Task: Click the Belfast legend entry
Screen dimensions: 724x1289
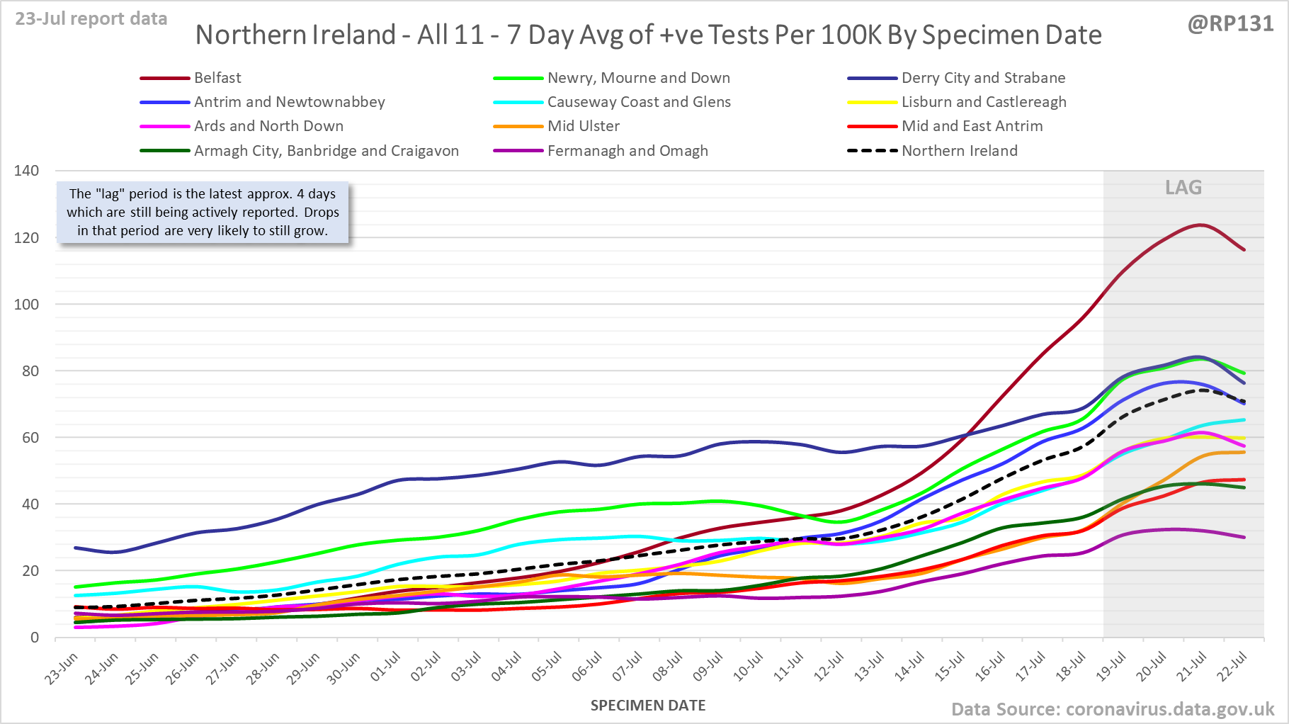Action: pyautogui.click(x=217, y=78)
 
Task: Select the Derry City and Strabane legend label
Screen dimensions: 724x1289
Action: pyautogui.click(x=983, y=78)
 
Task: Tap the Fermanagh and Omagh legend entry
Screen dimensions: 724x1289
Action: pyautogui.click(x=628, y=151)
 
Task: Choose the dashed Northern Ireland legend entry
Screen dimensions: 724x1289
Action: pyautogui.click(x=959, y=151)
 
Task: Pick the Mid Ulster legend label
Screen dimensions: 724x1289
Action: pyautogui.click(x=583, y=126)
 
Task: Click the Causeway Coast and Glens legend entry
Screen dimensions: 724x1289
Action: pyautogui.click(x=639, y=102)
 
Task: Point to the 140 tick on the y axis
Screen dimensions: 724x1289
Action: pyautogui.click(x=27, y=171)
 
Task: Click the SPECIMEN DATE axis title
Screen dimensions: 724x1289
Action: pyautogui.click(x=648, y=706)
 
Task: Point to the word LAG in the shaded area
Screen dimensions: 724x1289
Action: pyautogui.click(x=1183, y=188)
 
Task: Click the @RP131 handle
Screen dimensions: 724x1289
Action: pyautogui.click(x=1230, y=24)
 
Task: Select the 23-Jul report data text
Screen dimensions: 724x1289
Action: pyautogui.click(x=91, y=19)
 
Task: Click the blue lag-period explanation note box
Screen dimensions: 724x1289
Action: pyautogui.click(x=203, y=213)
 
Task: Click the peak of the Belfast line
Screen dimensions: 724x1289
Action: pyautogui.click(x=1200, y=225)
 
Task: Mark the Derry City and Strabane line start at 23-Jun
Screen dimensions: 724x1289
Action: pyautogui.click(x=76, y=548)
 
